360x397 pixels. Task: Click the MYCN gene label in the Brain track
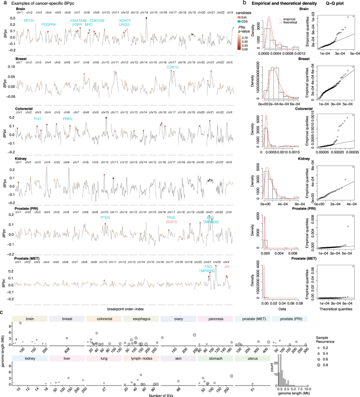pos(30,20)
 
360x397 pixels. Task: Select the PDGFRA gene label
pos(49,24)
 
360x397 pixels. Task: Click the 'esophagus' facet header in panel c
pos(138,319)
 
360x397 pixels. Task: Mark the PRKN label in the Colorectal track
pos(67,119)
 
